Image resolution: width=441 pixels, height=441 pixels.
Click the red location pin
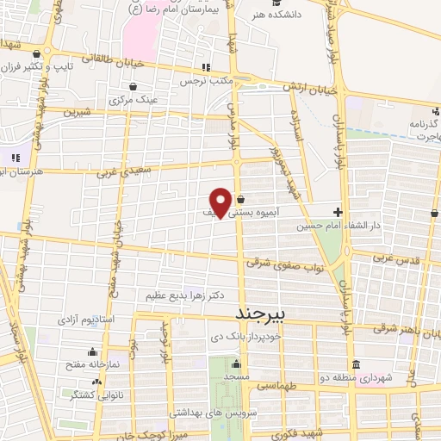pyautogui.click(x=221, y=202)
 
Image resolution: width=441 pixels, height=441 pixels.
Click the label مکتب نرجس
pyautogui.click(x=206, y=81)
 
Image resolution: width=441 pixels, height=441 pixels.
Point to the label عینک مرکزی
pyautogui.click(x=134, y=99)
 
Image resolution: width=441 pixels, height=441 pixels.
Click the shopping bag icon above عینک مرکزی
pyautogui.click(x=134, y=86)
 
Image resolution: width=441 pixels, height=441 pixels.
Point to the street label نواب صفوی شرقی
pyautogui.click(x=284, y=264)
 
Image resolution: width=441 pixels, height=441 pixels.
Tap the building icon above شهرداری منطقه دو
pyautogui.click(x=357, y=363)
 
